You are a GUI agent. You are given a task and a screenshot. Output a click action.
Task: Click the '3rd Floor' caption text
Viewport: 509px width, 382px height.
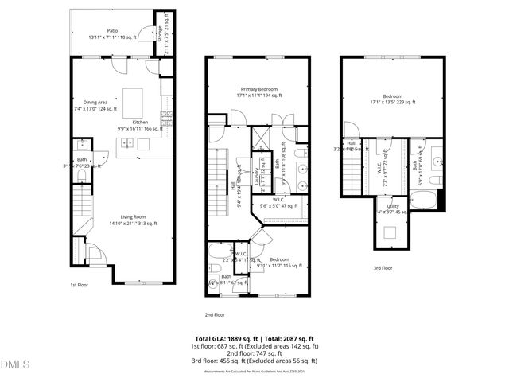pos(383,268)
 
